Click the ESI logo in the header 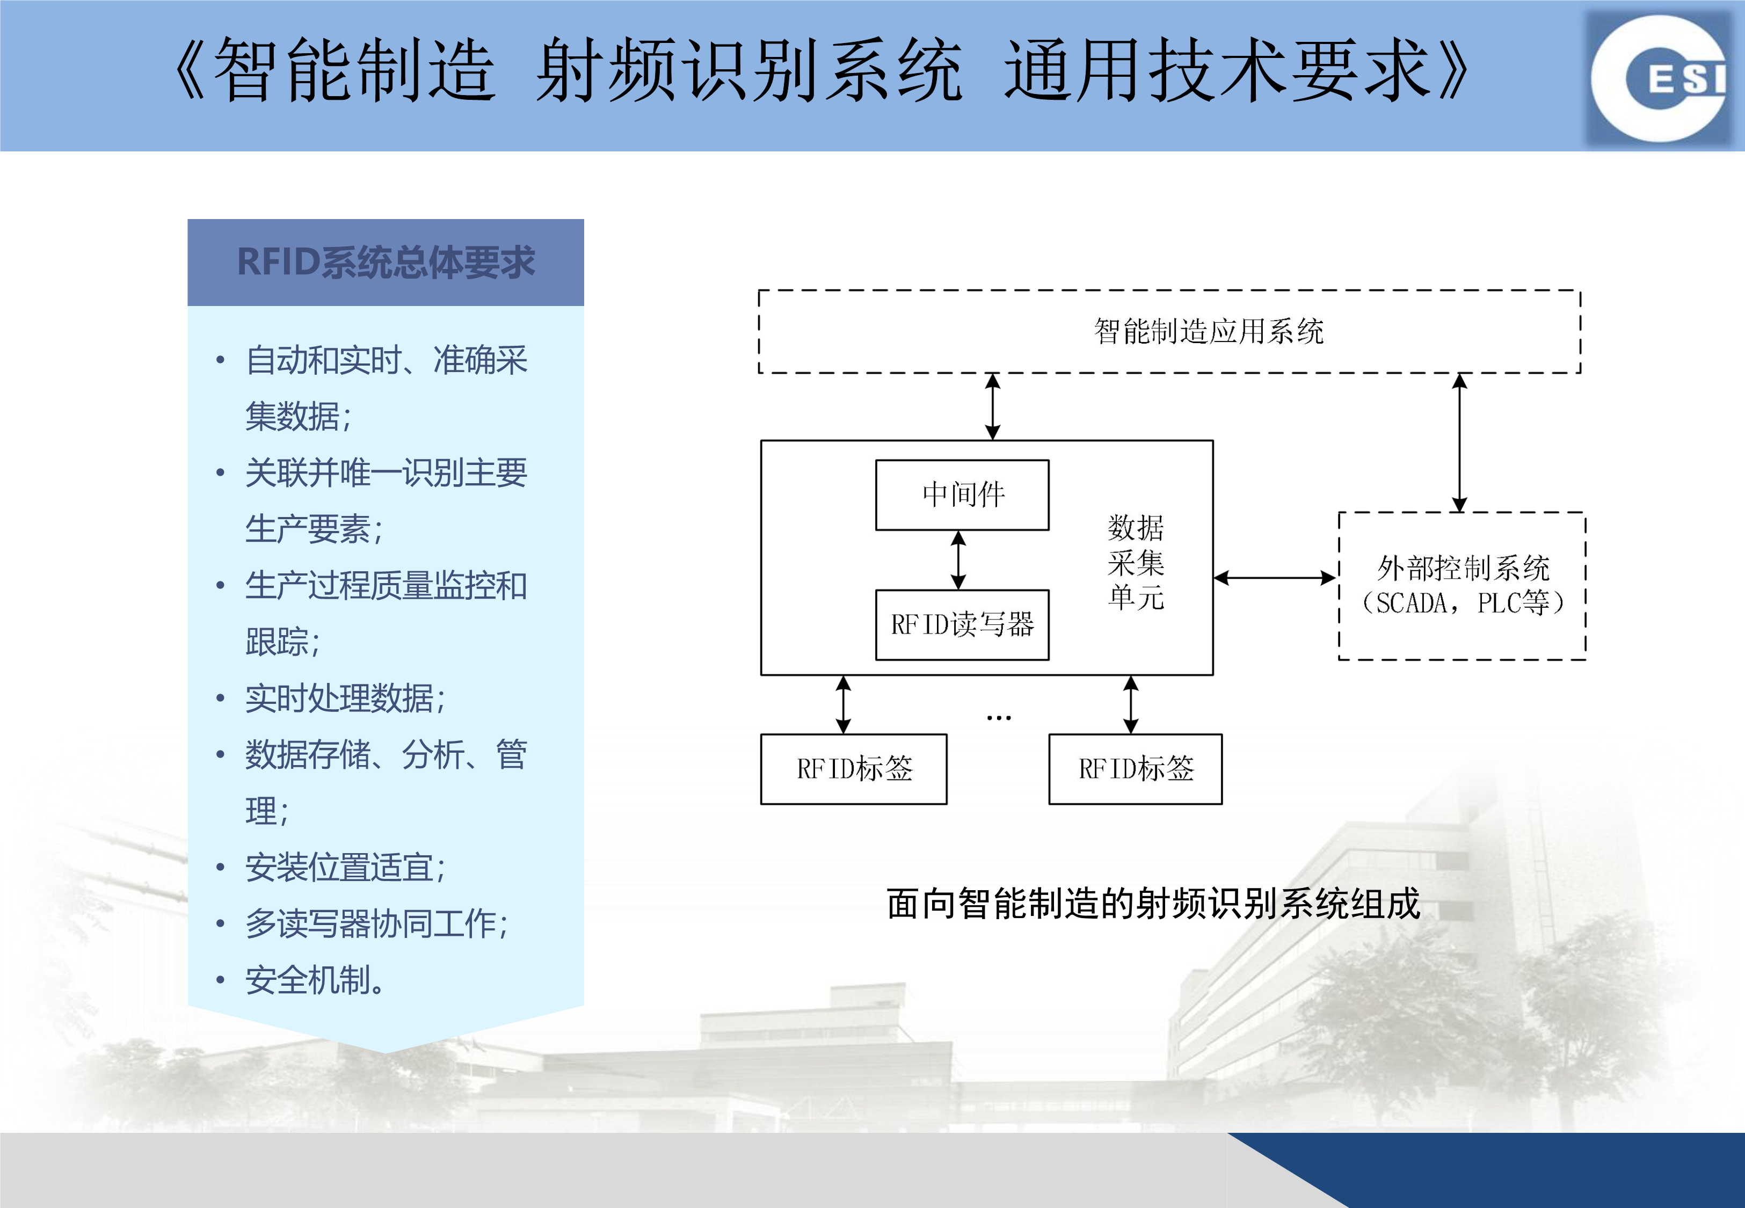click(x=1661, y=78)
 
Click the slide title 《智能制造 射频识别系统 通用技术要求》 click(x=820, y=70)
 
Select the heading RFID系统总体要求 click(x=386, y=262)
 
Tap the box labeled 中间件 click(x=962, y=495)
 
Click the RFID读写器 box click(x=962, y=625)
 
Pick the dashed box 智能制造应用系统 click(x=1169, y=331)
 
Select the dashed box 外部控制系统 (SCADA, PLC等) click(x=1462, y=586)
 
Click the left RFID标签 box click(x=854, y=769)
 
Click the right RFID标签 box click(x=1135, y=769)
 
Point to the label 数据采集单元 click(x=1135, y=562)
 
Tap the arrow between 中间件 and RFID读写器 click(x=959, y=560)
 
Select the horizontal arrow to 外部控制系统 click(x=1276, y=578)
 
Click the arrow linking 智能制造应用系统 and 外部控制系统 click(x=1460, y=443)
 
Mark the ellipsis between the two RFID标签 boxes click(x=999, y=717)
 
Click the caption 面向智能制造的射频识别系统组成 click(x=1153, y=904)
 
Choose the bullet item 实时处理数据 click(x=345, y=698)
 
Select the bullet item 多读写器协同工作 click(x=376, y=923)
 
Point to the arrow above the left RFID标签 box click(x=843, y=704)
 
